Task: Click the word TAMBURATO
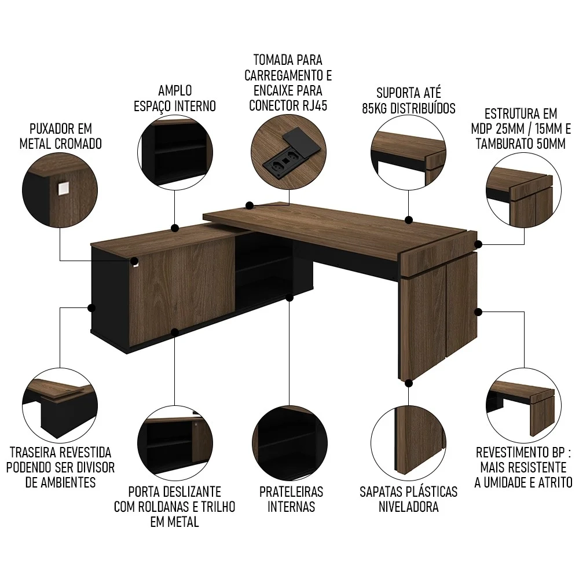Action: click(x=504, y=144)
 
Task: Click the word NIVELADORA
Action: click(x=408, y=507)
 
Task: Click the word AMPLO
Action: click(x=175, y=91)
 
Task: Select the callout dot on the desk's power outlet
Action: click(x=250, y=205)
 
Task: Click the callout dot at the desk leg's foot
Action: click(x=409, y=382)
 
